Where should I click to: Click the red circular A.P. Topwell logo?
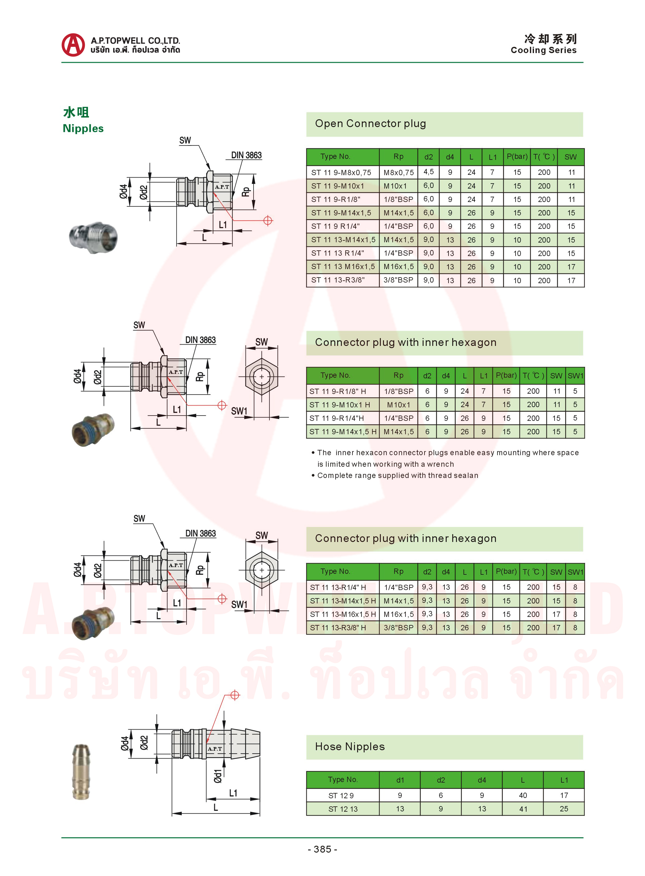tap(73, 45)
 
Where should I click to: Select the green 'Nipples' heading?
tap(83, 129)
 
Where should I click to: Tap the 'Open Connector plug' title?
tap(370, 123)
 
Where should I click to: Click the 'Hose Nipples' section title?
tap(350, 747)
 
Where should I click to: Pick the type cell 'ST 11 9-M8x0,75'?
tap(341, 172)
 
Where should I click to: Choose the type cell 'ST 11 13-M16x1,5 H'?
tap(343, 614)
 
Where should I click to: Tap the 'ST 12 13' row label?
tap(343, 809)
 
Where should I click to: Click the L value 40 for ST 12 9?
tap(523, 795)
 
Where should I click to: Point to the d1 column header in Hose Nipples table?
tap(400, 780)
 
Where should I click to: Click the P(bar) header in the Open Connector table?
tap(517, 157)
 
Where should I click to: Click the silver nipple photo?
tap(93, 237)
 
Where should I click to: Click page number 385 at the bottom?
tap(322, 849)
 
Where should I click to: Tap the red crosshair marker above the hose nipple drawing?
tap(235, 695)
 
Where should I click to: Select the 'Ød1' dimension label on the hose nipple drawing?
tap(217, 776)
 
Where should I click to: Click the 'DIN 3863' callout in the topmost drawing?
tap(246, 155)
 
